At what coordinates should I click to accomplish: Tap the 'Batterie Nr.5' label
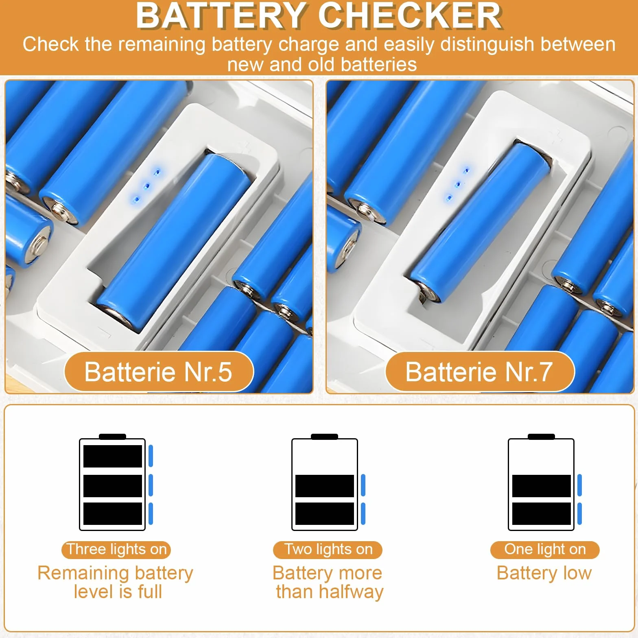coord(159,371)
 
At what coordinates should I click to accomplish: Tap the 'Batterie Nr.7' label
coord(480,371)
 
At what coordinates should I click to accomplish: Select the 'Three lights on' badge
coord(116,549)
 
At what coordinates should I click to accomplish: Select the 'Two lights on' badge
coord(328,549)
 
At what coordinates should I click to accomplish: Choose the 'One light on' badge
coord(545,549)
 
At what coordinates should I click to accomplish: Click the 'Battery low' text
coord(544,573)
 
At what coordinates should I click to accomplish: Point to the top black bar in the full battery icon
coord(113,456)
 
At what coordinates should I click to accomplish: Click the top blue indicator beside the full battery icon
coord(151,456)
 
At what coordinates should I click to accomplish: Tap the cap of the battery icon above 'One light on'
coord(541,437)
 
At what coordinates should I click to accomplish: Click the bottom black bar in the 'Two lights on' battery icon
coord(325,513)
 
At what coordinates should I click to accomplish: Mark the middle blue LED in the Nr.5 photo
coord(147,186)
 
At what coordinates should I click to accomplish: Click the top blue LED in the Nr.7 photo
coord(467,170)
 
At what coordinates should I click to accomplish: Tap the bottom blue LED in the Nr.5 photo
coord(137,199)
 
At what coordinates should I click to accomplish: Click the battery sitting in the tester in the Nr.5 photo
coord(173,240)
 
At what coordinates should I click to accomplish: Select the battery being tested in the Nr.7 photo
coord(480,222)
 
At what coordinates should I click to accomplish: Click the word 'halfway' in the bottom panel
coord(351,592)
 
